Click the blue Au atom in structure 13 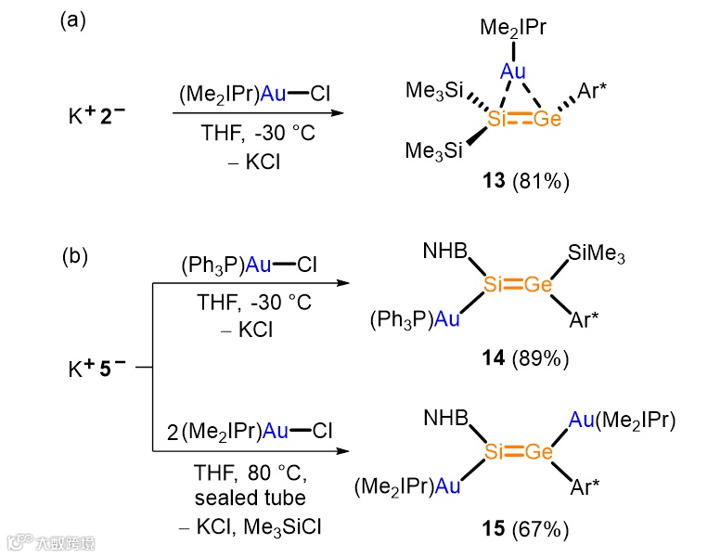[513, 71]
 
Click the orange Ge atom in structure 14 [538, 286]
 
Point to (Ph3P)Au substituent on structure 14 [415, 320]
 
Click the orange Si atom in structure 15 [495, 452]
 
